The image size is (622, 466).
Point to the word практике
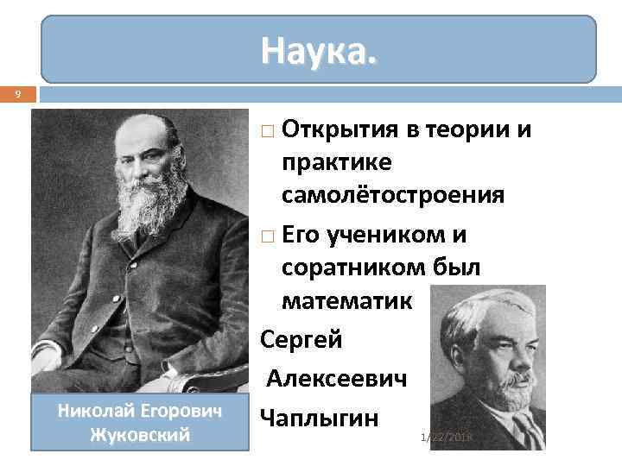(336, 162)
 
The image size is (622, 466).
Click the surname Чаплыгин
(319, 419)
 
